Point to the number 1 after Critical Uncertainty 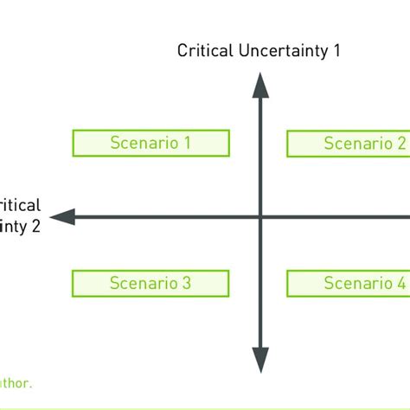[336, 50]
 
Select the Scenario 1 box [151, 143]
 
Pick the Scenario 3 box [151, 283]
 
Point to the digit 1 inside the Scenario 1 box [187, 143]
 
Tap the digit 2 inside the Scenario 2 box [401, 144]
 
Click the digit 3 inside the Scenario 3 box [187, 283]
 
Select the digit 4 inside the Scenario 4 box [401, 283]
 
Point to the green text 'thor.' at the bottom [16, 381]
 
